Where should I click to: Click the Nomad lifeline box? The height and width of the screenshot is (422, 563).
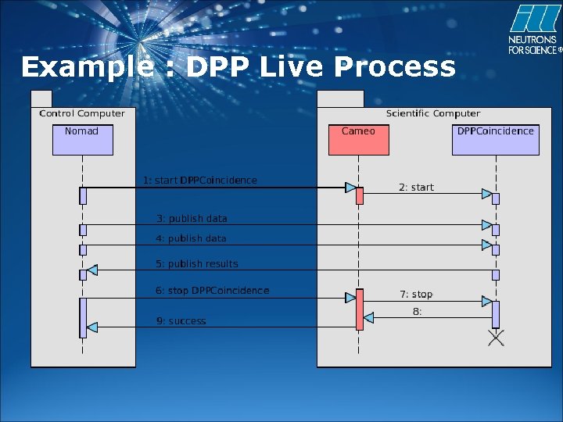click(83, 139)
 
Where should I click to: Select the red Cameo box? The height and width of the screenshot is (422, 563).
click(359, 139)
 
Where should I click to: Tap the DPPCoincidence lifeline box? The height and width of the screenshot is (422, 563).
click(495, 139)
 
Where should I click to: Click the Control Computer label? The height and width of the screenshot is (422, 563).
click(82, 113)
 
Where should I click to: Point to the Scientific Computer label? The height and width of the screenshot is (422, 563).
click(433, 113)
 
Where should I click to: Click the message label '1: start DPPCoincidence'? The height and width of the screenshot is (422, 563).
click(199, 181)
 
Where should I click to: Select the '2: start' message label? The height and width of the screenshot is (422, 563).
click(416, 188)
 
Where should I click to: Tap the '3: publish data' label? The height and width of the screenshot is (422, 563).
click(192, 219)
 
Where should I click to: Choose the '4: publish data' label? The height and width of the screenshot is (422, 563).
click(192, 238)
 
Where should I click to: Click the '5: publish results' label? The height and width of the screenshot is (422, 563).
click(197, 264)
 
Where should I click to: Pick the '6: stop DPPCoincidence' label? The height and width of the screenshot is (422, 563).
click(212, 291)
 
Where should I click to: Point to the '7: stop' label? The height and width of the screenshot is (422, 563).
click(416, 295)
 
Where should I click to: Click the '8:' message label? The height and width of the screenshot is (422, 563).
click(418, 312)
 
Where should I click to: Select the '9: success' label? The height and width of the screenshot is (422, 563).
click(181, 321)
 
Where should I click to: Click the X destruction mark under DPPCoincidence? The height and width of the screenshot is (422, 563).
click(496, 338)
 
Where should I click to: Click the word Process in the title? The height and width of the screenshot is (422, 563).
click(394, 67)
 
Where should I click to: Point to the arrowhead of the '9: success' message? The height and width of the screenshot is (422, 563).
click(91, 326)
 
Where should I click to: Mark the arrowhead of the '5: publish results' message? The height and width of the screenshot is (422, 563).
click(91, 270)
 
